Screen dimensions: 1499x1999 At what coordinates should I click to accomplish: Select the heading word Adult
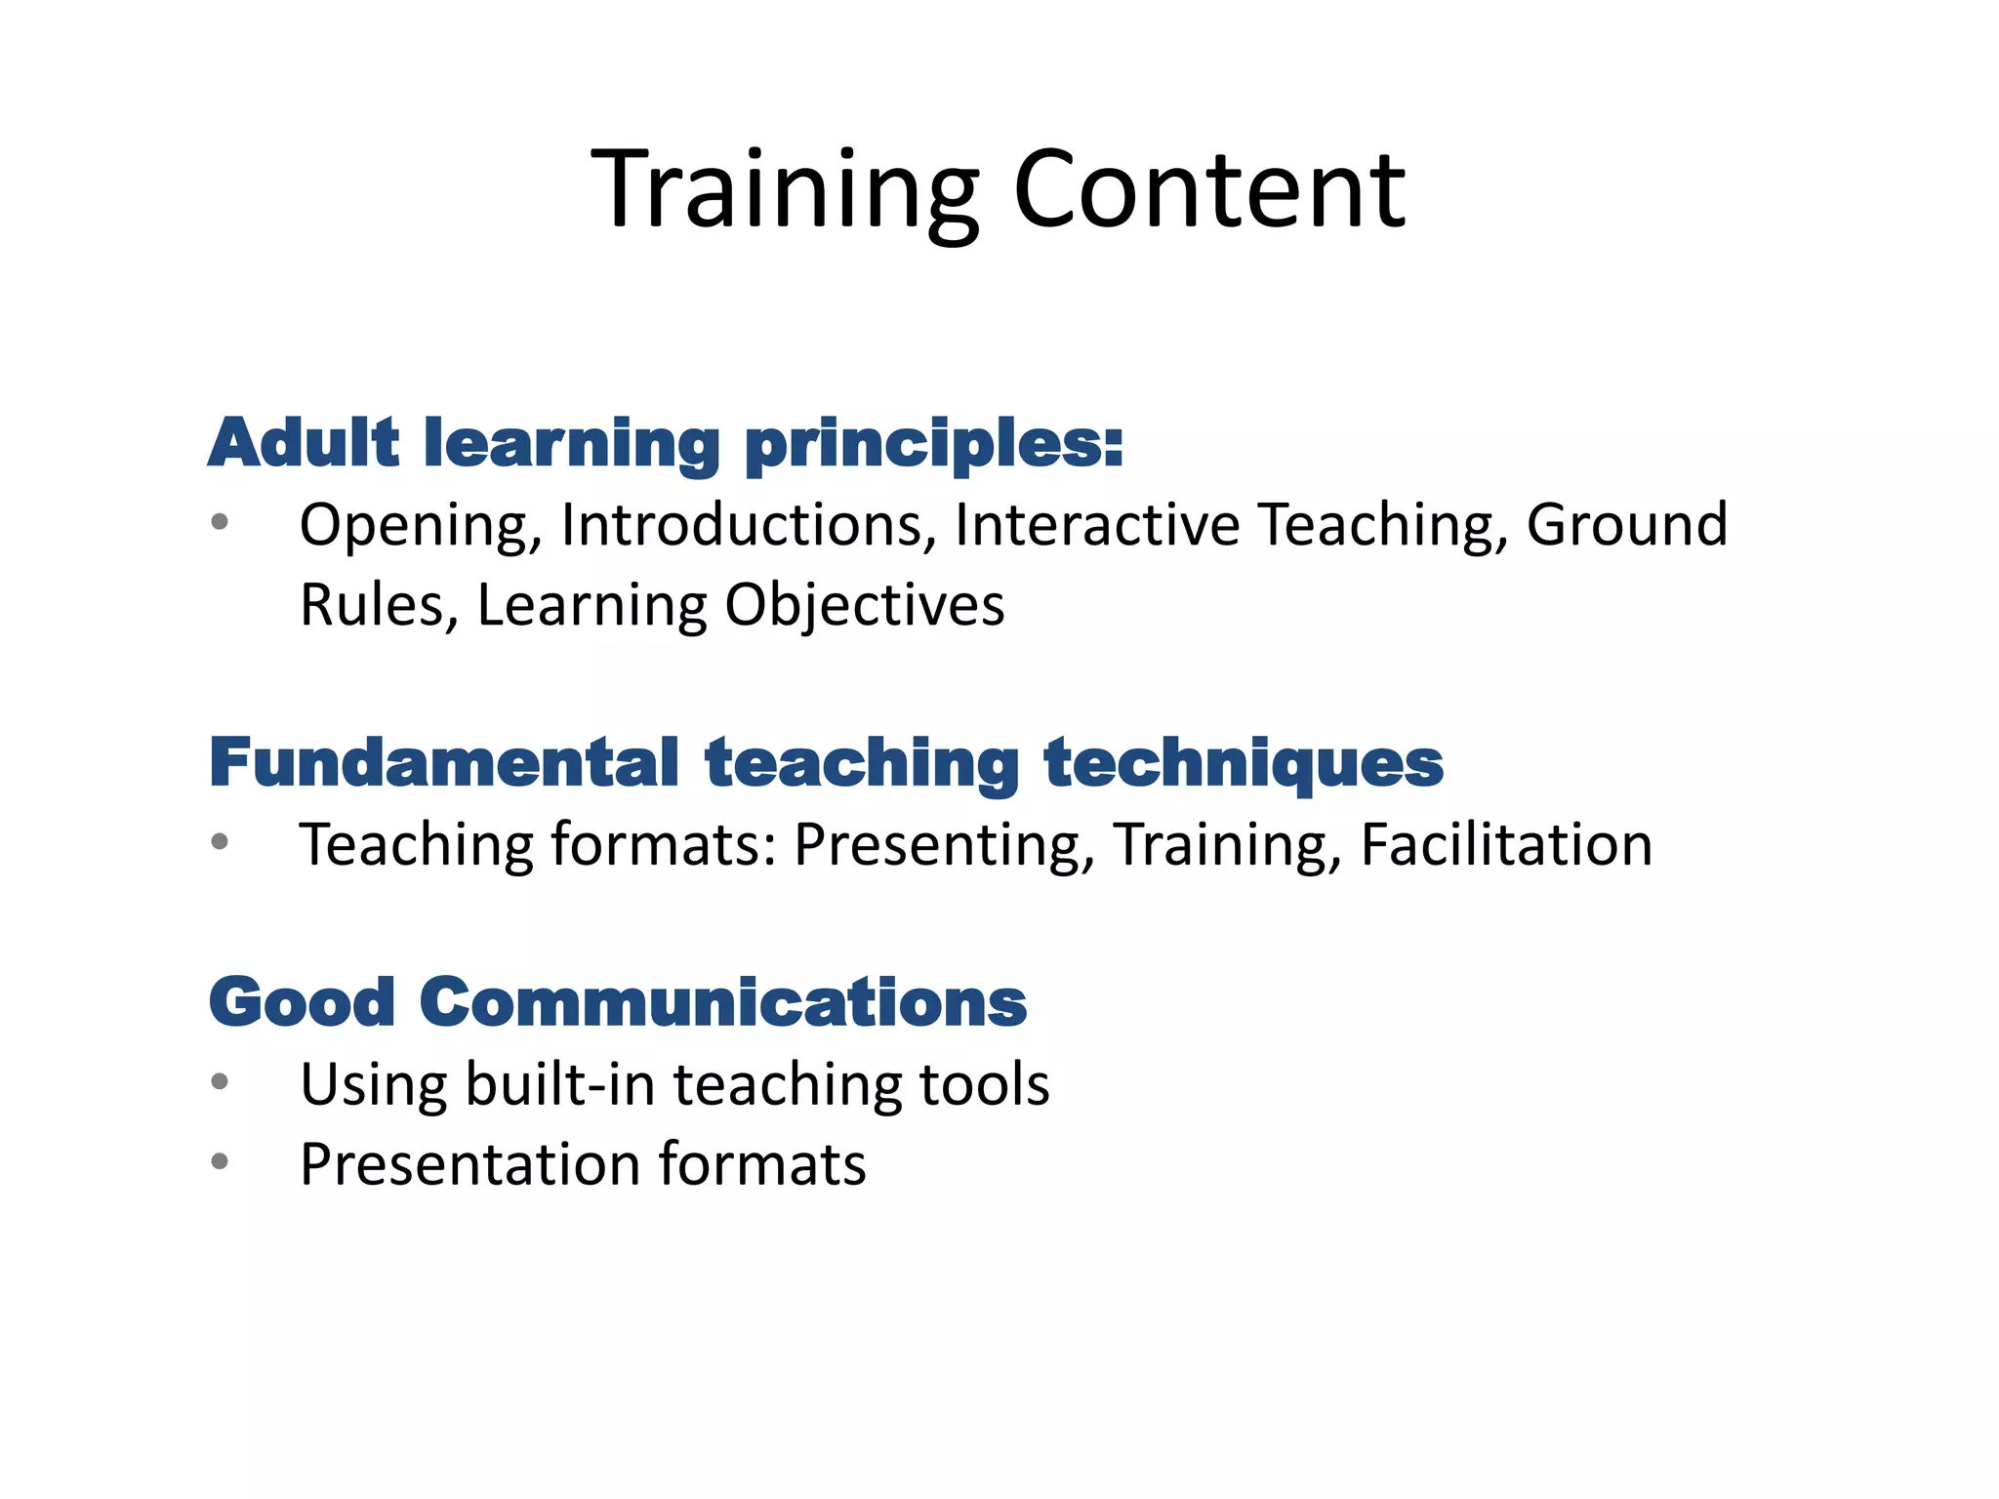304,444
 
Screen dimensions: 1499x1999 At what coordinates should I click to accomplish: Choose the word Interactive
1097,525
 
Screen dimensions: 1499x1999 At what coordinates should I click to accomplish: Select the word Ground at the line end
1626,525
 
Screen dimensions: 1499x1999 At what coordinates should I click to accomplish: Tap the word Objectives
864,606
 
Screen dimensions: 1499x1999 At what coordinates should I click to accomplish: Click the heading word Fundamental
444,762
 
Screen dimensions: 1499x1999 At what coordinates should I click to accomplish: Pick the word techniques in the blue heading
1243,764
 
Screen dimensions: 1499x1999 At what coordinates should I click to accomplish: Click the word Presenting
943,845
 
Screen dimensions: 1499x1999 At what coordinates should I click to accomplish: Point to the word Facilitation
1506,844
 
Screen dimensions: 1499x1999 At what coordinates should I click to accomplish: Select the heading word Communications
723,1002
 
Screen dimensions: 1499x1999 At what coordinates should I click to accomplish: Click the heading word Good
303,1002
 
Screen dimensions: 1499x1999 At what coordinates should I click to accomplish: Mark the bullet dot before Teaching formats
220,841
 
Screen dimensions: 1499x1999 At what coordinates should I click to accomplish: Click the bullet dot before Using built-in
220,1081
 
